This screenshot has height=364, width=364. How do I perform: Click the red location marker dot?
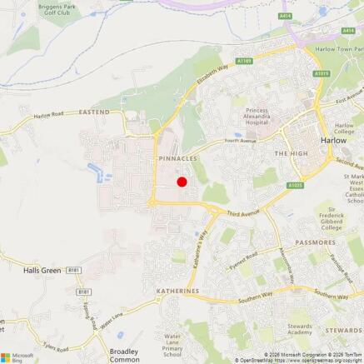(x=182, y=181)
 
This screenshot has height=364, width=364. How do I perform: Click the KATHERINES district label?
(x=177, y=291)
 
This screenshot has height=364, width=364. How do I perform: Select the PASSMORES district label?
(x=315, y=242)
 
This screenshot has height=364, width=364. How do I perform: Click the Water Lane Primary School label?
(x=172, y=346)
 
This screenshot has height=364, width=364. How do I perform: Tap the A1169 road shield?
(x=242, y=61)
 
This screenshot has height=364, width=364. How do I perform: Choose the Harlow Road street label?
(x=50, y=115)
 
